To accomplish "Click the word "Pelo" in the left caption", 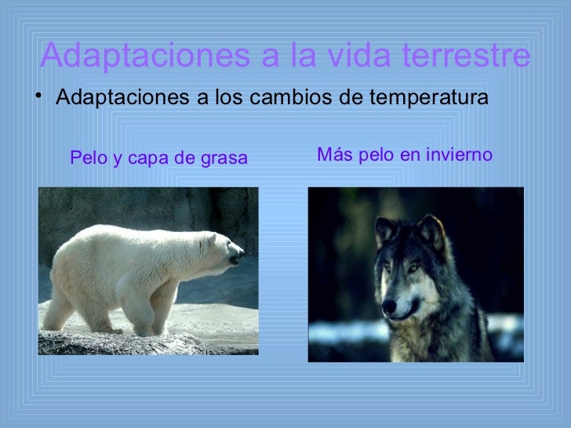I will click(x=85, y=158).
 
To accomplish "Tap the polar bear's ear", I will click(x=210, y=237).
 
